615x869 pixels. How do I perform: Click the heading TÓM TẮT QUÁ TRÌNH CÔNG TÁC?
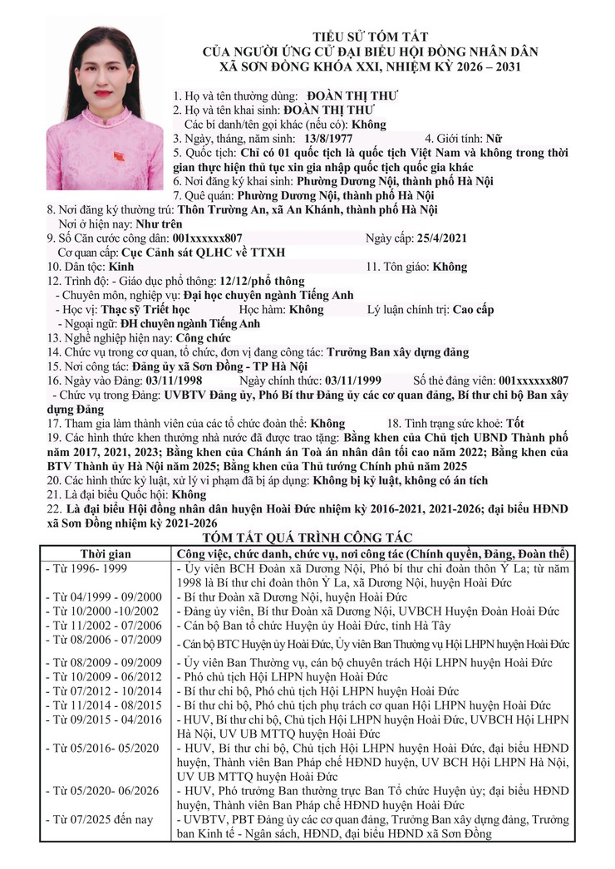[x=307, y=538]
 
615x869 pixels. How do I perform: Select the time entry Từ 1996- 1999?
[x=87, y=568]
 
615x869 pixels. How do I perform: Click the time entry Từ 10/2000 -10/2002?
[x=103, y=611]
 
